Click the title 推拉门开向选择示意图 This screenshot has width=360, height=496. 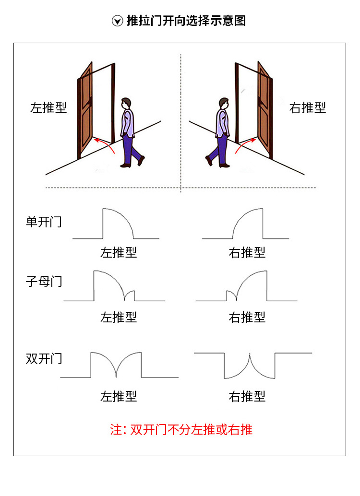pyautogui.click(x=186, y=21)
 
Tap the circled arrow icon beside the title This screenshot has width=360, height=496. pyautogui.click(x=117, y=21)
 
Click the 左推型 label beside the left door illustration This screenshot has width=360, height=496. pyautogui.click(x=48, y=107)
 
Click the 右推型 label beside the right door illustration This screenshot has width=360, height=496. pyautogui.click(x=308, y=107)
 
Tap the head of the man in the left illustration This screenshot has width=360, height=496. pyautogui.click(x=126, y=103)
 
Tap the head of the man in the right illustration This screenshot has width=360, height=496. pyautogui.click(x=223, y=103)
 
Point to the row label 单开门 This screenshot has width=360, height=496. pyautogui.click(x=44, y=222)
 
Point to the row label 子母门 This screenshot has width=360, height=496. pyautogui.click(x=44, y=281)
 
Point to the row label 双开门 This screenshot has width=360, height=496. pyautogui.click(x=44, y=358)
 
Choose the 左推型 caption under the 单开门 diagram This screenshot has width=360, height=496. pyautogui.click(x=119, y=252)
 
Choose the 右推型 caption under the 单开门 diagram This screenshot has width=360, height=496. pyautogui.click(x=247, y=252)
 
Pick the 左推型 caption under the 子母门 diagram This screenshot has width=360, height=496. pyautogui.click(x=119, y=317)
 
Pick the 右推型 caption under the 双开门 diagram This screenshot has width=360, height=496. pyautogui.click(x=247, y=396)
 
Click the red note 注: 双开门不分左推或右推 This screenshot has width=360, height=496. pyautogui.click(x=181, y=429)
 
